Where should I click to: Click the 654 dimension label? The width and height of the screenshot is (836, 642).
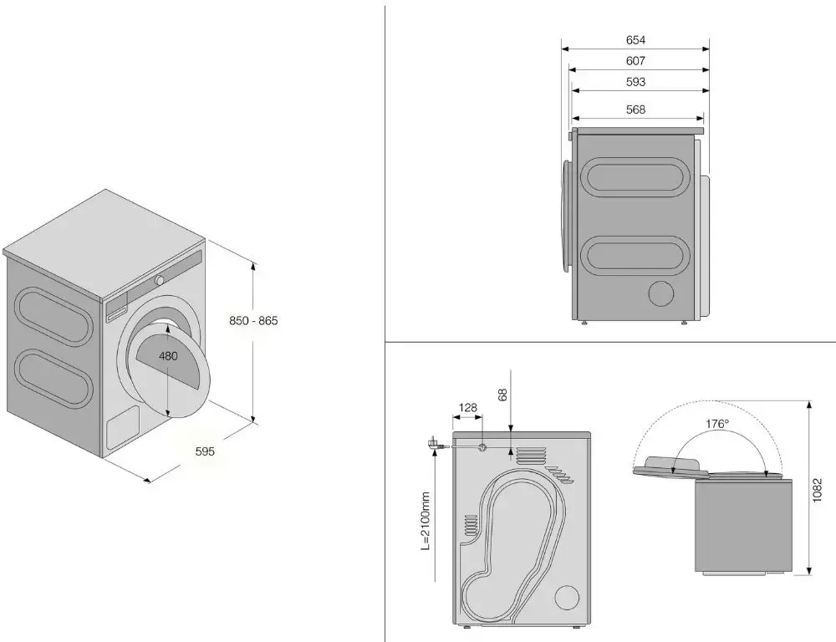(x=635, y=40)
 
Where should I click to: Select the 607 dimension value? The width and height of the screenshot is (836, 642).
(x=635, y=61)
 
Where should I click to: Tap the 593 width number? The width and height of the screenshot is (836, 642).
(x=635, y=82)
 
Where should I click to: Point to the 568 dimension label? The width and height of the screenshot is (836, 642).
(x=635, y=110)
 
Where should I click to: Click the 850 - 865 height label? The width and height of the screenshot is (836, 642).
(x=253, y=320)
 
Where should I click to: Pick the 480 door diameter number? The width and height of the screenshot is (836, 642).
(x=169, y=355)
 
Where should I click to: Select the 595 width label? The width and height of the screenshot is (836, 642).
(x=205, y=451)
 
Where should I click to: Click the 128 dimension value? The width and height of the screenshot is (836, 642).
(x=467, y=408)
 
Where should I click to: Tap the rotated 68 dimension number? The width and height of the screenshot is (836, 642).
(x=502, y=395)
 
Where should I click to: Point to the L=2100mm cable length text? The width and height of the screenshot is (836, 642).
(x=426, y=521)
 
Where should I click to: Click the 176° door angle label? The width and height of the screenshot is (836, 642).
(x=717, y=424)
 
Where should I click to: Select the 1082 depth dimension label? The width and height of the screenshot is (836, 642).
(x=818, y=490)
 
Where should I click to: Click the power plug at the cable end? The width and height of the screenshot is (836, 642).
(x=432, y=444)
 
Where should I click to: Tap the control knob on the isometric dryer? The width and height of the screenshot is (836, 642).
(x=160, y=280)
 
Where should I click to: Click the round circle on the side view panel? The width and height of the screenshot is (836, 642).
(x=661, y=293)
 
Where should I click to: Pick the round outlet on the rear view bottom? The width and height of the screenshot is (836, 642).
(x=567, y=598)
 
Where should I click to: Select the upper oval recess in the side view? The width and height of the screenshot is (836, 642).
(x=632, y=177)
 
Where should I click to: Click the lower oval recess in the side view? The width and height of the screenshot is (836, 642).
(x=632, y=256)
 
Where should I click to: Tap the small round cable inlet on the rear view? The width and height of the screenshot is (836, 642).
(x=482, y=448)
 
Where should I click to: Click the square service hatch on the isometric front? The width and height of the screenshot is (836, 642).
(x=123, y=427)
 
